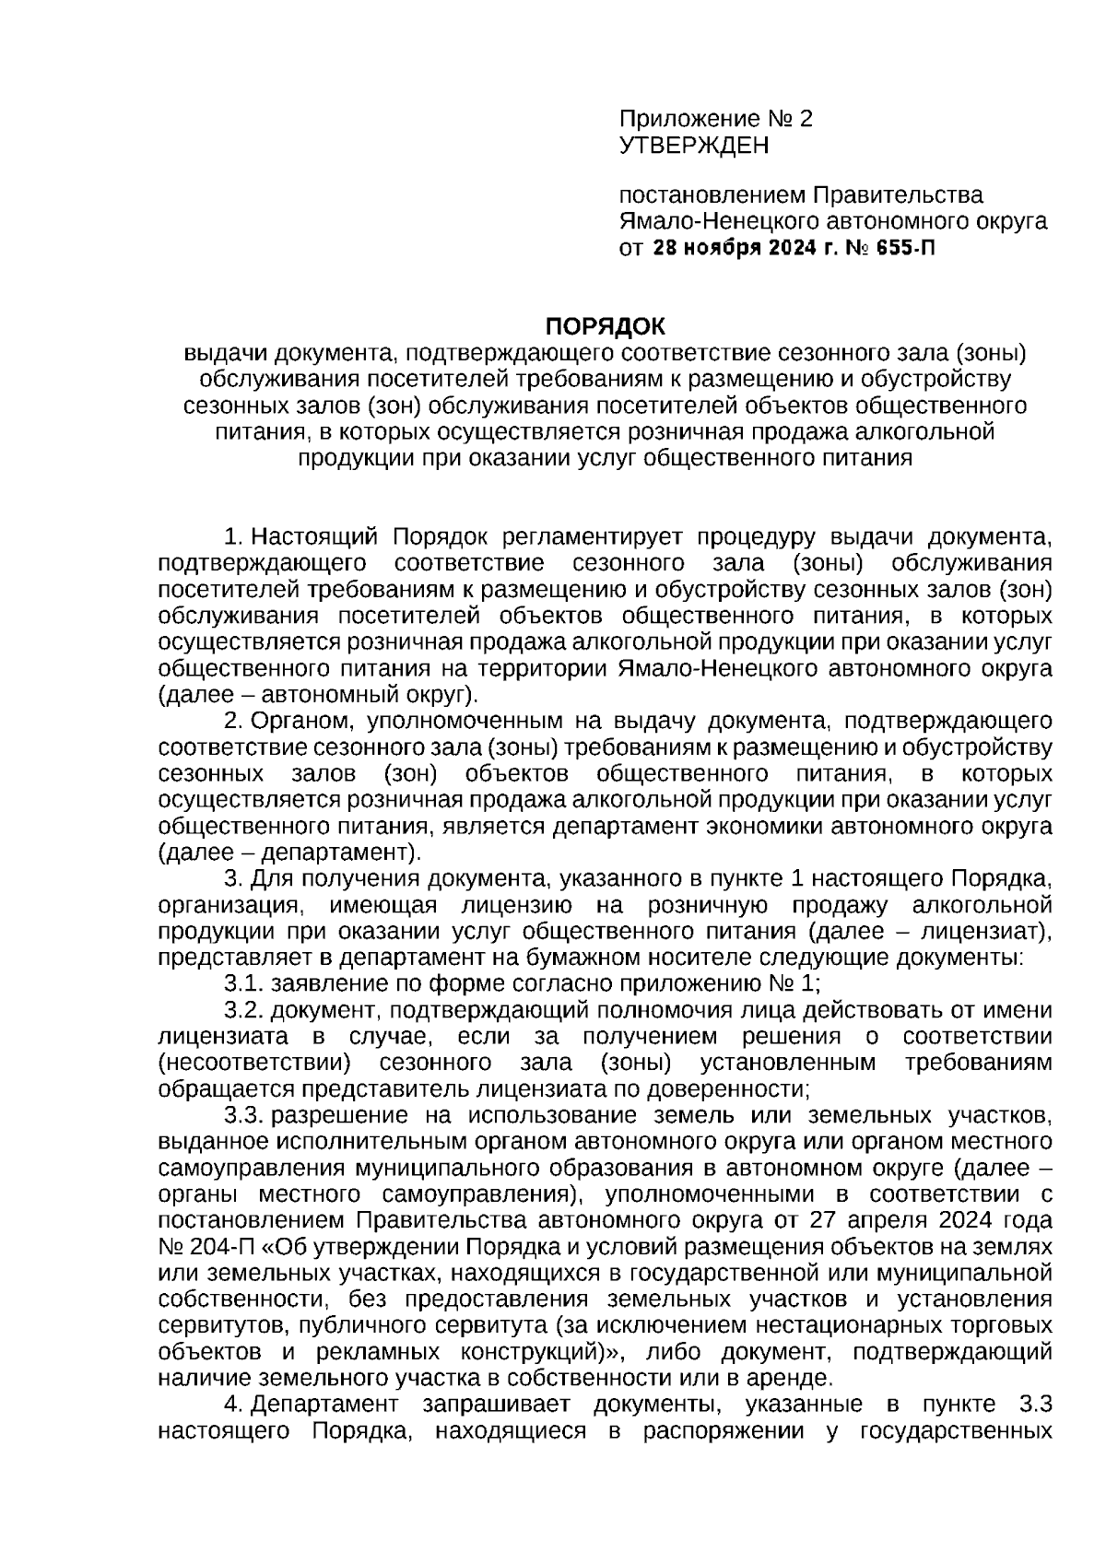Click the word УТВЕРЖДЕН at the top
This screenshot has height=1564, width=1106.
[693, 146]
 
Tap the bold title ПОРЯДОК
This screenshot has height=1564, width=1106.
[604, 327]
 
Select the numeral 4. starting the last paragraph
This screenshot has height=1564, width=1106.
[233, 1405]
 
